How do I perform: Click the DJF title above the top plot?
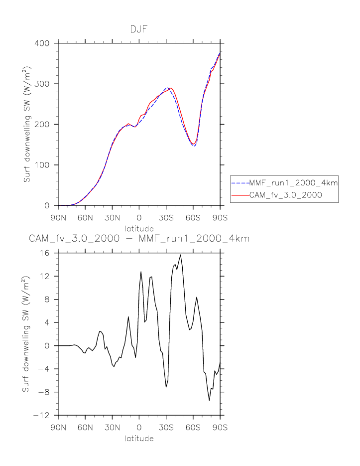pos(139,29)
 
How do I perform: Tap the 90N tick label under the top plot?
pos(58,218)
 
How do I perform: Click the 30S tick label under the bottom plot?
pos(166,428)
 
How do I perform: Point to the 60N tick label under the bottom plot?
pos(85,428)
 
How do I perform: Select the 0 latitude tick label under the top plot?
pos(139,218)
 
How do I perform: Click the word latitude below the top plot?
pos(139,228)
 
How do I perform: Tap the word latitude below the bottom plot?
pos(139,439)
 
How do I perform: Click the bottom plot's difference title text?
pos(139,239)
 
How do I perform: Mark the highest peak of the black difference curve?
pos(180,255)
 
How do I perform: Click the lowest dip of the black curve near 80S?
pos(209,400)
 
